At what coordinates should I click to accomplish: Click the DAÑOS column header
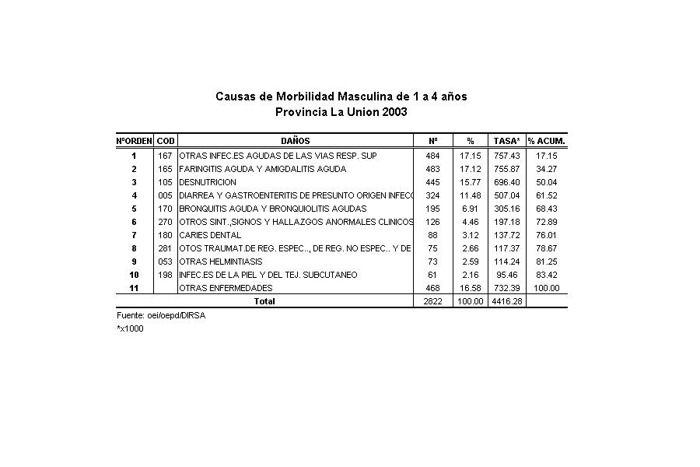[x=296, y=141]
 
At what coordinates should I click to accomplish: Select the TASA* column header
[x=507, y=141]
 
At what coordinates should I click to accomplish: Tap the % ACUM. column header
[x=547, y=141]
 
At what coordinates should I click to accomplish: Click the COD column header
[x=166, y=141]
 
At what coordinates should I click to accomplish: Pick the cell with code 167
[x=165, y=156]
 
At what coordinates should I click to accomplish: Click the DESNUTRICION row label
[x=208, y=182]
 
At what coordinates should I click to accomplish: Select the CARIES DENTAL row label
[x=210, y=235]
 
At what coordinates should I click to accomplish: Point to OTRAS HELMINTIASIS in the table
[x=220, y=262]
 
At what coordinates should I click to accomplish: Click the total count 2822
[x=432, y=301]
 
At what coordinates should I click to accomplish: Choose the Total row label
[x=265, y=301]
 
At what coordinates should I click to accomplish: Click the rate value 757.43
[x=507, y=156]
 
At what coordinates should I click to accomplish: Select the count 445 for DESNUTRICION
[x=432, y=182]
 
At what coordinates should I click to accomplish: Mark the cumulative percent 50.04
[x=547, y=182]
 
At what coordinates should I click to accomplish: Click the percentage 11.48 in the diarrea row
[x=471, y=195]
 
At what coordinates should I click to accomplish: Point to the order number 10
[x=134, y=275]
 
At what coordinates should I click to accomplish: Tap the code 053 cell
[x=165, y=262]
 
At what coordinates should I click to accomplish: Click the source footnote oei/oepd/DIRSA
[x=161, y=316]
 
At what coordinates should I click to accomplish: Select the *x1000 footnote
[x=130, y=328]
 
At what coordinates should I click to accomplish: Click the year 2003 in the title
[x=393, y=112]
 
